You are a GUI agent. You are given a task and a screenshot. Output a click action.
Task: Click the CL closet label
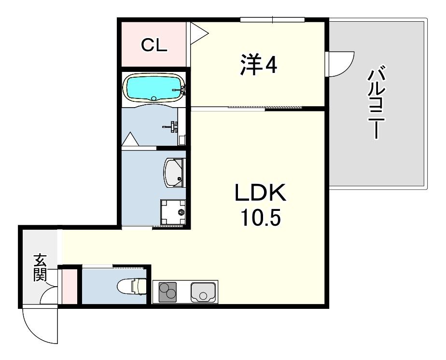tap(154, 45)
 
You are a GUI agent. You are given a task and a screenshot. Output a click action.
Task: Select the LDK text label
tap(260, 193)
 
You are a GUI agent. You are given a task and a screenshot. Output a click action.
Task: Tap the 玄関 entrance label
tap(40, 267)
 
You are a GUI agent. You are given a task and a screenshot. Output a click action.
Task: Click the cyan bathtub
tap(153, 89)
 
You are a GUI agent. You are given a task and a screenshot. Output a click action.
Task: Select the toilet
tap(132, 286)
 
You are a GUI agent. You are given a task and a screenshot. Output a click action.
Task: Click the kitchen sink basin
tap(203, 292)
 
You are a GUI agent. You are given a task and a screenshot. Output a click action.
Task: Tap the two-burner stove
tap(167, 292)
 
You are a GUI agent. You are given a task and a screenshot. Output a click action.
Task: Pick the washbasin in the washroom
tap(174, 173)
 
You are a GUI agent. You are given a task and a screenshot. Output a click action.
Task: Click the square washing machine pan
tap(173, 212)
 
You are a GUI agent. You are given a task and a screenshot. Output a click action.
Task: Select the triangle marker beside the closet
tap(199, 33)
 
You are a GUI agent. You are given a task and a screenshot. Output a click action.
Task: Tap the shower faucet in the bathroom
tap(172, 127)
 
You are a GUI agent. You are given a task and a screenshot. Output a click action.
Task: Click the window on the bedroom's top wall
tap(272, 20)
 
